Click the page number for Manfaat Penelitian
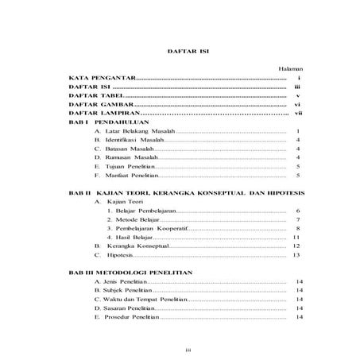point(296,176)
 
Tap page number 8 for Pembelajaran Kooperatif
point(296,229)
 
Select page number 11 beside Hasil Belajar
point(296,238)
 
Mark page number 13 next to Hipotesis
point(296,257)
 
